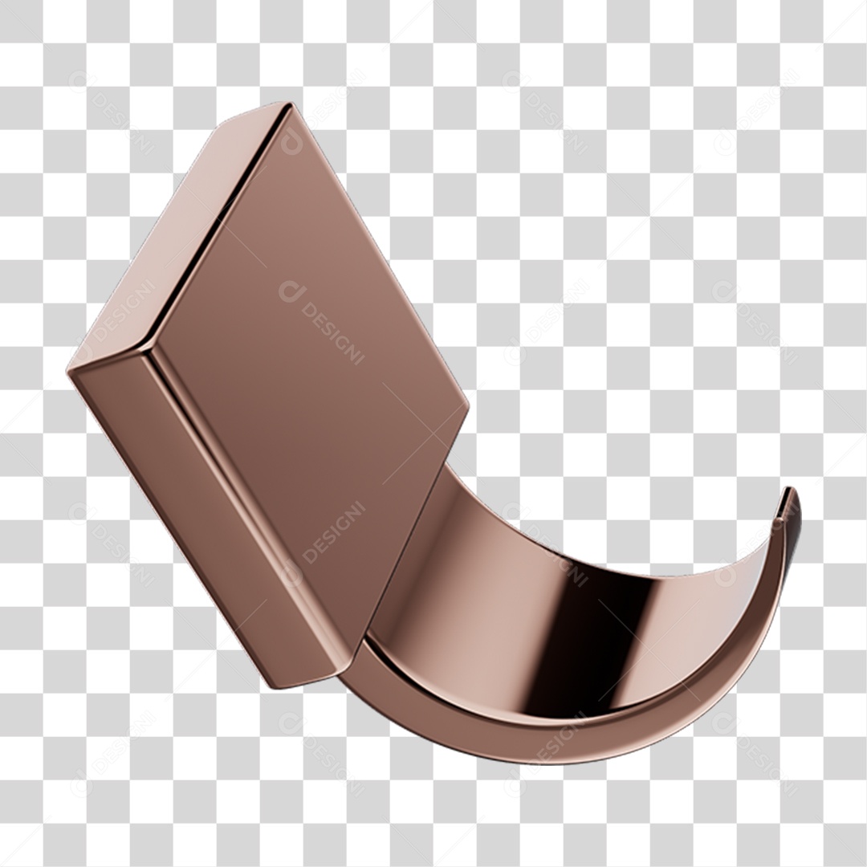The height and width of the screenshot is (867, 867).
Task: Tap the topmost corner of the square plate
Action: pos(283,105)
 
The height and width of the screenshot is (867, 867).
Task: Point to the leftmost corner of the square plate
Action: pos(70,370)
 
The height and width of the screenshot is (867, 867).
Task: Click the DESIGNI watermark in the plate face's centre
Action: pos(321,321)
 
